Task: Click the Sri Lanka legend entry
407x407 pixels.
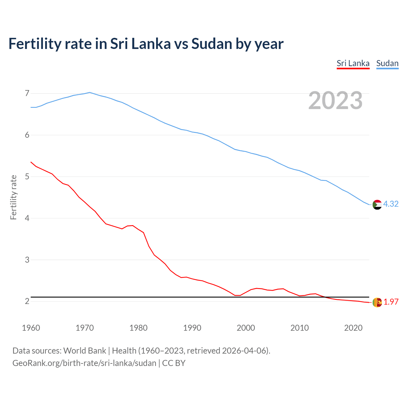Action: (353, 63)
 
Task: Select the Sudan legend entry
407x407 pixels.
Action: (387, 63)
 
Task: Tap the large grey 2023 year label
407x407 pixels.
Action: (335, 100)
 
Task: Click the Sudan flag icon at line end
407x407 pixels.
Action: (377, 204)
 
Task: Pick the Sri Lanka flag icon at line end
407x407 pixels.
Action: (377, 302)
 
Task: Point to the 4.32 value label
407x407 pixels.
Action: (391, 204)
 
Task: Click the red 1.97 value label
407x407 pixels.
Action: (391, 302)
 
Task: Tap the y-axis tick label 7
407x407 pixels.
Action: (27, 93)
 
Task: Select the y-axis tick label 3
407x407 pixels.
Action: (27, 260)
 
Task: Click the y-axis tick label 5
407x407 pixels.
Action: (27, 176)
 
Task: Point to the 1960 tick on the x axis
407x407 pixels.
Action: (31, 328)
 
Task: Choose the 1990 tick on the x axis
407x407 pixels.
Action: (192, 328)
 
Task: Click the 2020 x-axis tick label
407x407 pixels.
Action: (353, 328)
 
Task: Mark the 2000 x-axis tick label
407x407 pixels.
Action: (246, 328)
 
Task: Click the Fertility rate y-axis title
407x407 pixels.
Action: (13, 197)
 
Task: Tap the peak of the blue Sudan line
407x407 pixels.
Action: (90, 93)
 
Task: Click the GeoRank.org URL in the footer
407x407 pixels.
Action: (84, 363)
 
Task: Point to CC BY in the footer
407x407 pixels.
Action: (174, 363)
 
